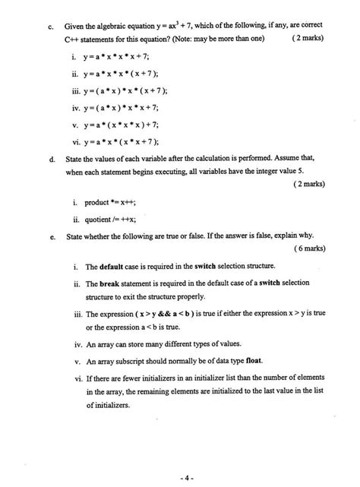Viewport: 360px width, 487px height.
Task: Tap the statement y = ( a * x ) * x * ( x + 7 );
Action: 125,91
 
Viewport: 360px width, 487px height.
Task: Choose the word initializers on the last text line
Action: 108,405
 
